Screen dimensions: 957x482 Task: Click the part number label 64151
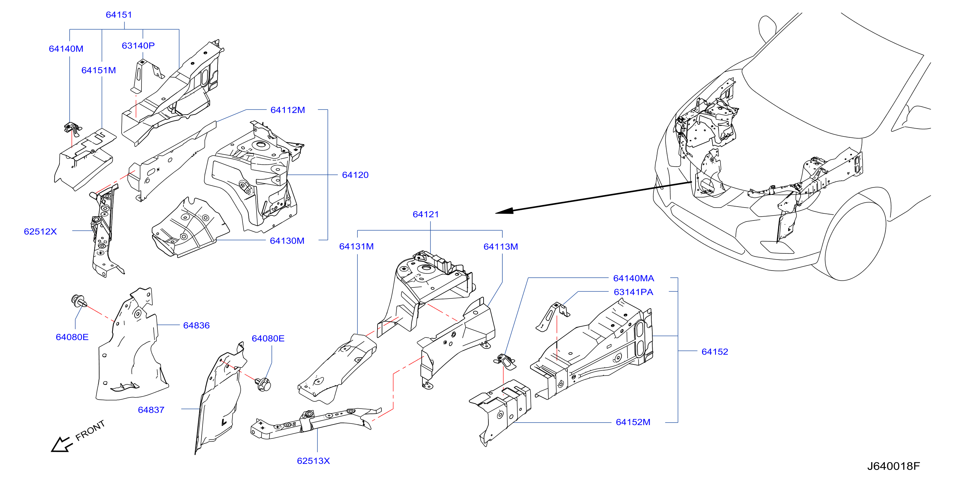click(119, 15)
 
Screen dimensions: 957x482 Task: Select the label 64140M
click(66, 49)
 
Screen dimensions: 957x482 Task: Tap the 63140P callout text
click(138, 46)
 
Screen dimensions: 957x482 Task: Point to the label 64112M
click(287, 110)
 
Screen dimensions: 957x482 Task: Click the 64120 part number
click(355, 175)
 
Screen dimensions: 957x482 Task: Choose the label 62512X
click(40, 232)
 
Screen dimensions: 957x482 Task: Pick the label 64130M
click(287, 241)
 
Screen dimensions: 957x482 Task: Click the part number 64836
click(196, 325)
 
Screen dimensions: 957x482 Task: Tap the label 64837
click(151, 410)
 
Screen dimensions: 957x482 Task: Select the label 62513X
click(313, 461)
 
